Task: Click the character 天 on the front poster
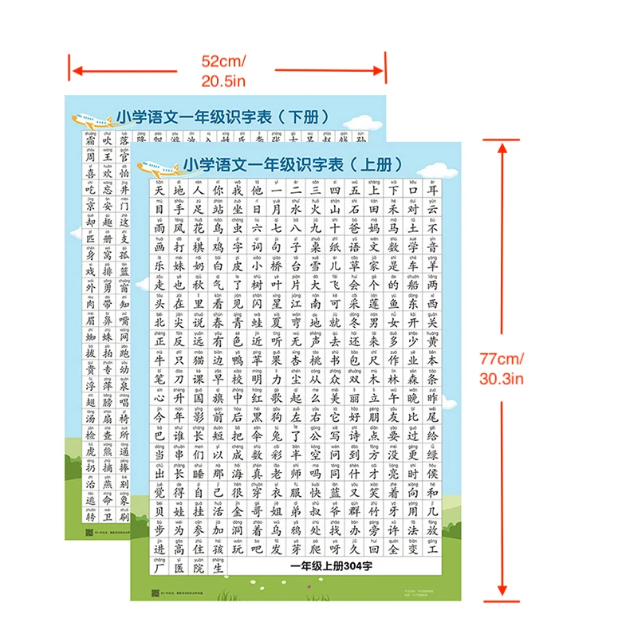158,192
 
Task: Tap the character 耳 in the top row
431,192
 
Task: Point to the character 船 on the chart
412,284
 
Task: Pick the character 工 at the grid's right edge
431,549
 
